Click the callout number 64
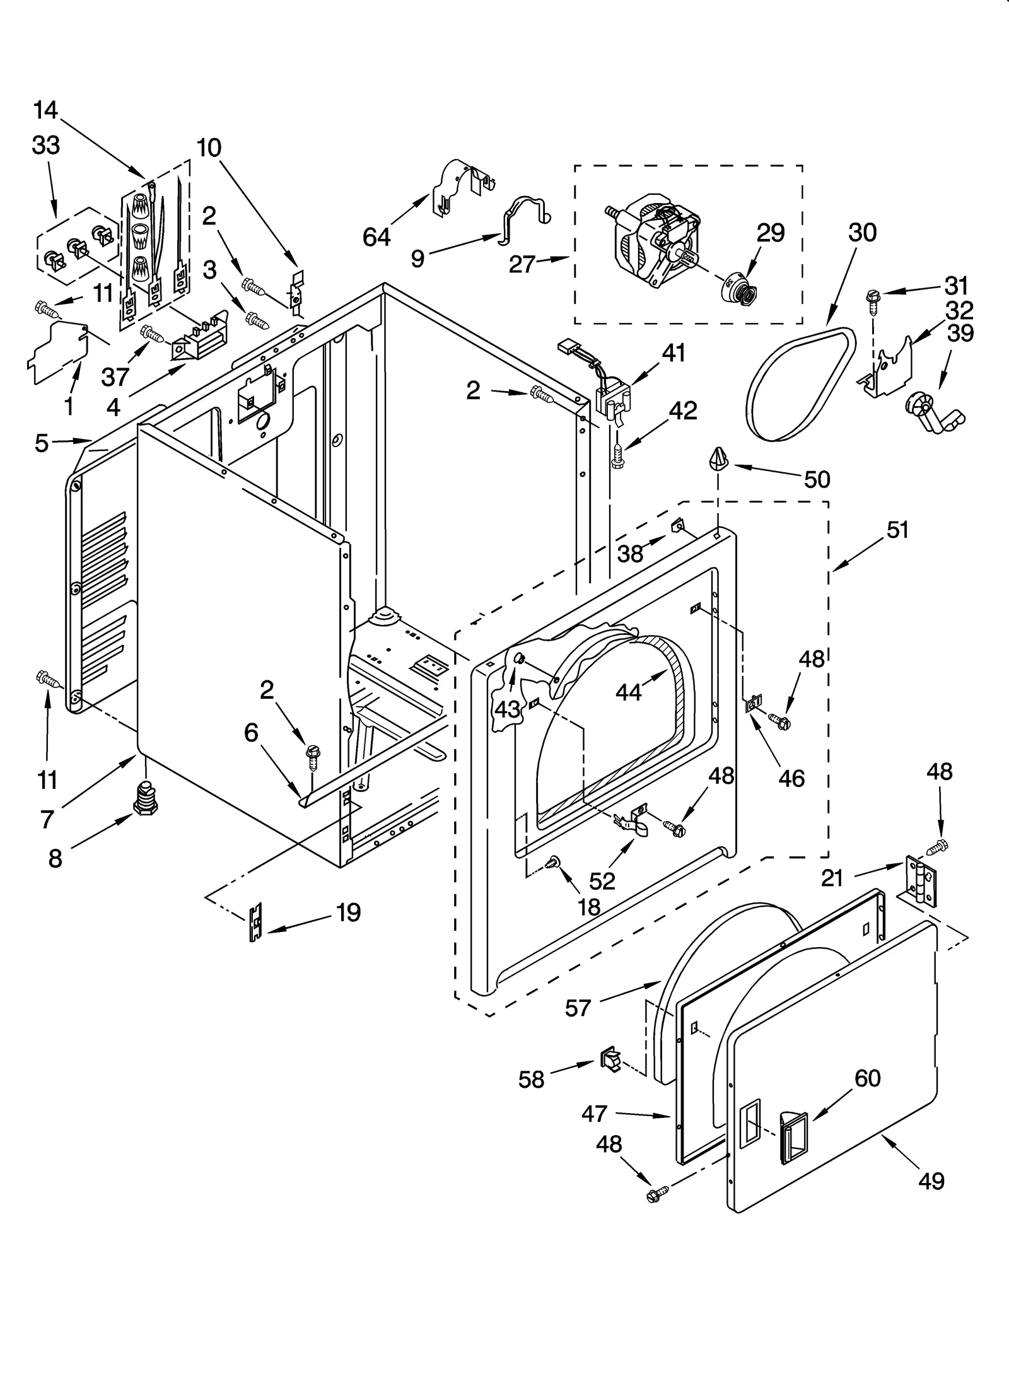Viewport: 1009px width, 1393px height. [x=376, y=238]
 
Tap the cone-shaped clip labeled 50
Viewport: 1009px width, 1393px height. [x=719, y=458]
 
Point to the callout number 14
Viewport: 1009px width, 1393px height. [x=45, y=111]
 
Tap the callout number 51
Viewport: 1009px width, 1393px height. [x=897, y=530]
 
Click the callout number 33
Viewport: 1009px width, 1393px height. [x=45, y=146]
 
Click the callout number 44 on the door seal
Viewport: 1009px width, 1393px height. [x=628, y=692]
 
